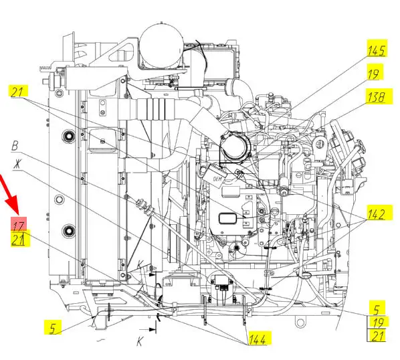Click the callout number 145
point(377,51)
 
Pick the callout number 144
point(257,339)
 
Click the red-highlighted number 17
point(18,225)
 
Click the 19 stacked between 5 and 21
point(378,323)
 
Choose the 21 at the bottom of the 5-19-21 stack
point(377,336)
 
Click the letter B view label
point(15,146)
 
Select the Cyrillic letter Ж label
point(17,164)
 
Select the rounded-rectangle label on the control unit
point(227,218)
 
